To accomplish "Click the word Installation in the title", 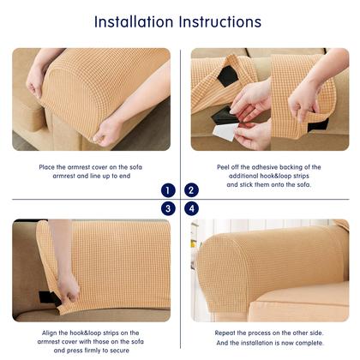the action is tap(134, 21).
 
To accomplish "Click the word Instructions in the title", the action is tap(220, 21).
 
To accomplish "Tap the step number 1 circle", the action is tap(168, 190).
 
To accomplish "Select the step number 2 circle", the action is tap(191, 190).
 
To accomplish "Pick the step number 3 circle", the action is tap(168, 208).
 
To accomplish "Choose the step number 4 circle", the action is tap(191, 208).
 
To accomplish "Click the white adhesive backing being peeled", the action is tap(225, 132).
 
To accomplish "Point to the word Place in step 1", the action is tap(47, 167).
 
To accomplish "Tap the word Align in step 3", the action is tap(50, 333).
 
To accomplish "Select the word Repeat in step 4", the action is tap(225, 333).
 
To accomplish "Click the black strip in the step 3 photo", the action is tap(48, 297).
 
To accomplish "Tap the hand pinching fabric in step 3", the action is tap(68, 289).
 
